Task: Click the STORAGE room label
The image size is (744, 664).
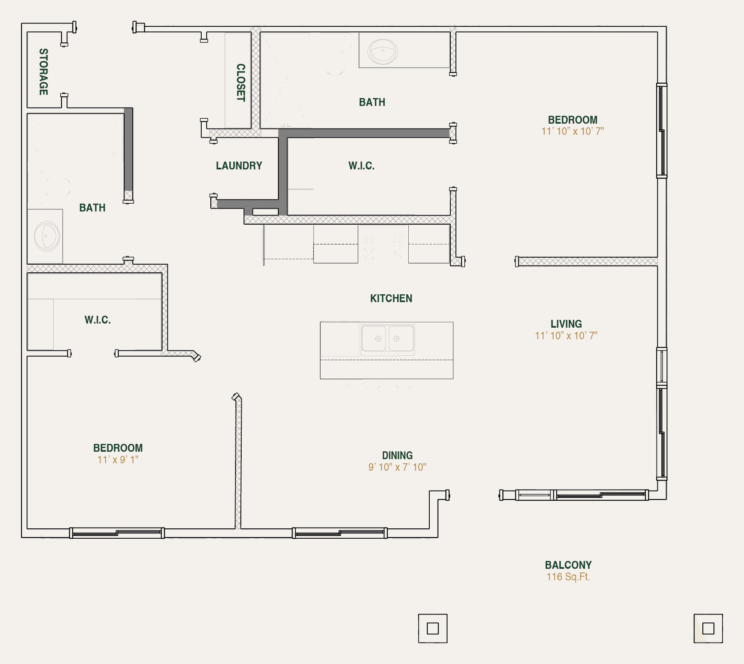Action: click(44, 72)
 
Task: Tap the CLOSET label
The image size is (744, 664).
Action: click(240, 82)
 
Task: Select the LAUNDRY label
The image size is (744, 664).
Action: click(239, 166)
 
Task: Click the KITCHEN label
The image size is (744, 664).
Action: click(391, 298)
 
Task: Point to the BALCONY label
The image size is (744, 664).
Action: click(568, 565)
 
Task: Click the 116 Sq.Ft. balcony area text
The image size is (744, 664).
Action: click(568, 577)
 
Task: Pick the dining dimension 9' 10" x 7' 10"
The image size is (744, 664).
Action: click(397, 467)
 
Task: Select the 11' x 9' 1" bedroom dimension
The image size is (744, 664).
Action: click(118, 460)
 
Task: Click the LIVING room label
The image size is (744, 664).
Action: click(566, 324)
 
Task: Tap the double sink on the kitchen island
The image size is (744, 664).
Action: click(387, 339)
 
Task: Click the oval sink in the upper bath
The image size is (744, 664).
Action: click(382, 52)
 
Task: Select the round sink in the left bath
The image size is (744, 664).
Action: click(47, 236)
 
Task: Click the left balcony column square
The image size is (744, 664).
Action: click(433, 629)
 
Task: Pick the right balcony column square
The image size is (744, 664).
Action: click(708, 629)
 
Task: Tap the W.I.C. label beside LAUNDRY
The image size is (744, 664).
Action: click(361, 166)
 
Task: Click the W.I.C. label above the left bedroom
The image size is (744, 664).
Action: click(98, 320)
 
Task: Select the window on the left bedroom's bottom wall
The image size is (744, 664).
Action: click(117, 533)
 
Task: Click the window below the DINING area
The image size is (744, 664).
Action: click(340, 533)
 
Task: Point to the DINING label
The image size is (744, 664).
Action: click(397, 455)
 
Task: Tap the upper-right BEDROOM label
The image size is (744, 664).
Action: click(572, 120)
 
